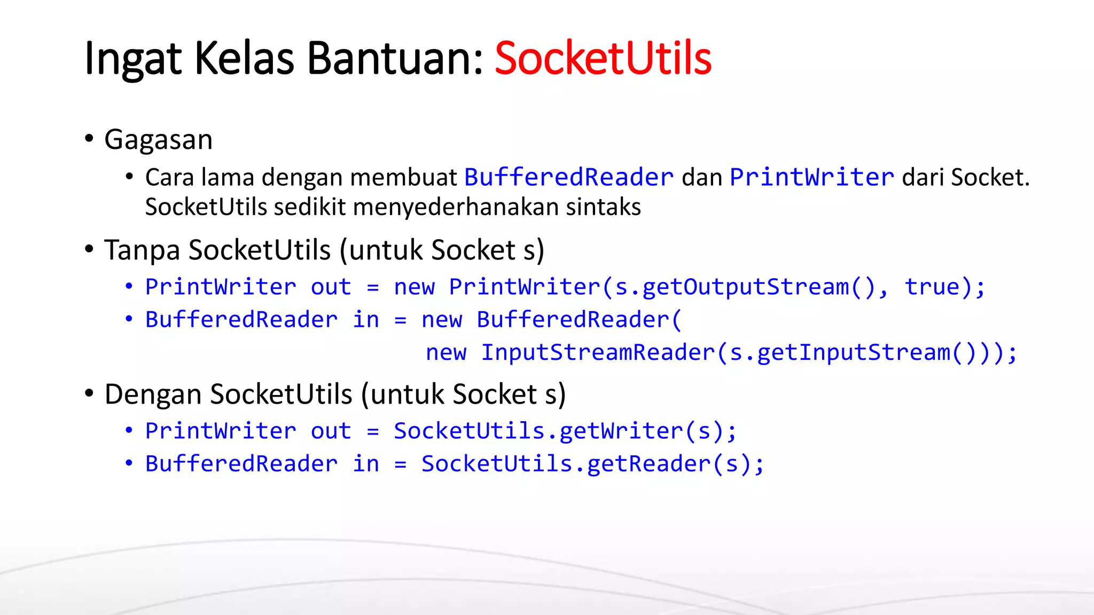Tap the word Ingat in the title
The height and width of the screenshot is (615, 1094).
tap(133, 59)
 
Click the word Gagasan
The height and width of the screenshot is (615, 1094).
tap(159, 140)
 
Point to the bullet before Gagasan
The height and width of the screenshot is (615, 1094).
tap(89, 139)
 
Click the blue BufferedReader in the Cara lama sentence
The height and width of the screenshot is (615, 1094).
tap(569, 177)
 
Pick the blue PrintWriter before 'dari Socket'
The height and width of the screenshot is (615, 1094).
tap(812, 177)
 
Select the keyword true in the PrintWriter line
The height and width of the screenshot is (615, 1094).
tap(932, 287)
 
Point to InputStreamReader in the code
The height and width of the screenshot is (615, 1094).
tap(598, 353)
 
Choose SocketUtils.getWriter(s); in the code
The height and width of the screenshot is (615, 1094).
tap(565, 431)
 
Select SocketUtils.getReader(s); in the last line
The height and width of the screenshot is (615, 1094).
tap(593, 464)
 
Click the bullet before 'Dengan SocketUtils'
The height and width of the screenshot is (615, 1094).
tap(89, 393)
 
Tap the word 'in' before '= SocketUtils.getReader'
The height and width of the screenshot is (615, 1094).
tap(366, 464)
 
